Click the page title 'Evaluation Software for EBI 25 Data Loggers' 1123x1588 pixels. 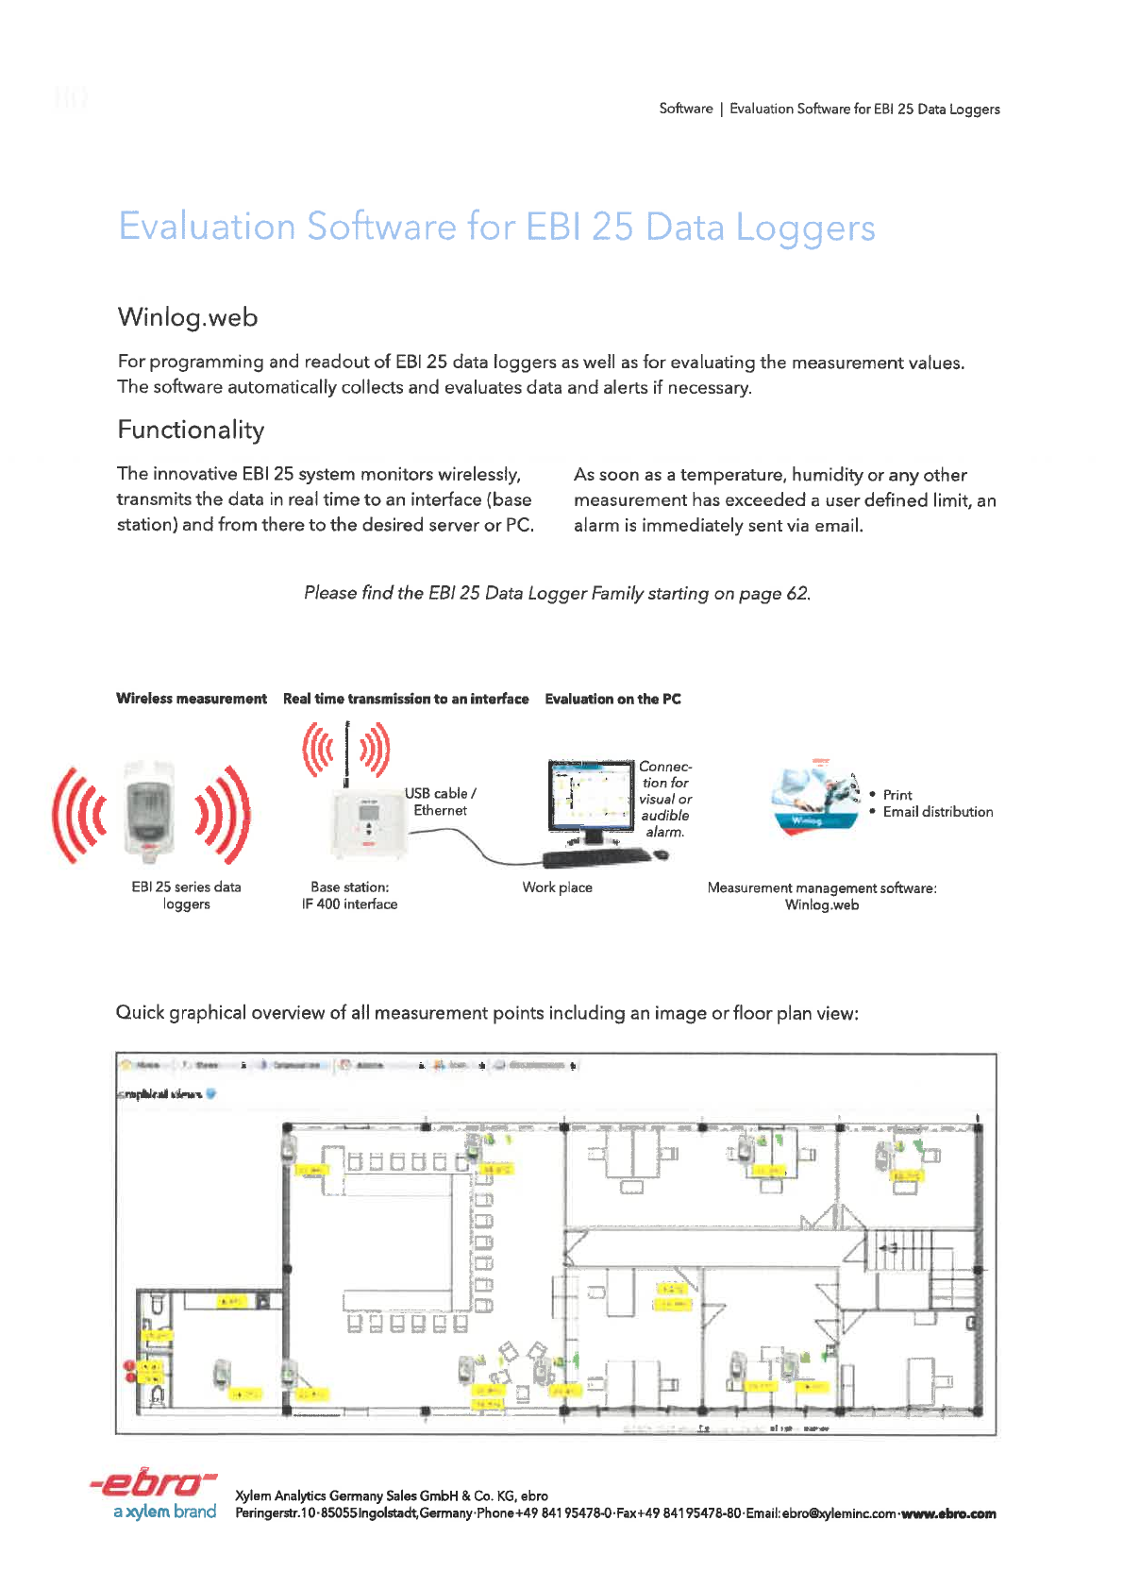(496, 228)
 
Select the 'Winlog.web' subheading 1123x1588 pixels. (188, 317)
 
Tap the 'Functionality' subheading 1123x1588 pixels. (191, 431)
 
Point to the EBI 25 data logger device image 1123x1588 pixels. (151, 810)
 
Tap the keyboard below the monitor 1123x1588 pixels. (596, 856)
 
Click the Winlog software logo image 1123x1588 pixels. (816, 797)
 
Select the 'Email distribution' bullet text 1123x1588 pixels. (937, 812)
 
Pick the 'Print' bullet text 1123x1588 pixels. (897, 795)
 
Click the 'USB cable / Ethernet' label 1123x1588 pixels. (441, 802)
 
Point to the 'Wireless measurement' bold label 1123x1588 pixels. (192, 699)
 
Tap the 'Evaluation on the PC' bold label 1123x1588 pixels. (612, 699)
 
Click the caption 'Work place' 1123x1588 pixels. (557, 887)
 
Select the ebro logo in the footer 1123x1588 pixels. (154, 1483)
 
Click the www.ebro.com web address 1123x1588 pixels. (948, 1513)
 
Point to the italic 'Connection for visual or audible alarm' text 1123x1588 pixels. (665, 799)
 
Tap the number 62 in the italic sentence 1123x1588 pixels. (797, 593)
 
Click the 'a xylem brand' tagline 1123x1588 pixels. (165, 1512)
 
